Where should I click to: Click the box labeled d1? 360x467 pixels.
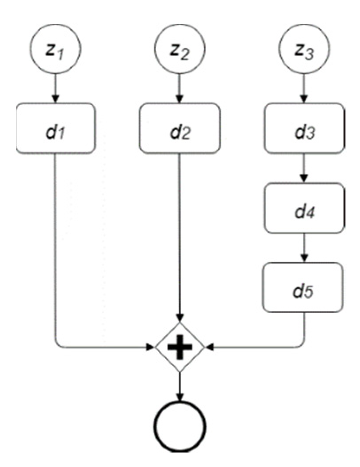(56, 128)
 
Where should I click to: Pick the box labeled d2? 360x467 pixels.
(180, 128)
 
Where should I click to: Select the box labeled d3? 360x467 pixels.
(303, 128)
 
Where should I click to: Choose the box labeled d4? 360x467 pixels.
(303, 207)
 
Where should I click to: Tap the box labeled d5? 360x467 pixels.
(303, 287)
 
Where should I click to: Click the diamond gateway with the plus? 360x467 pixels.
(180, 347)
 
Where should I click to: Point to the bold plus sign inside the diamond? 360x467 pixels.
(180, 347)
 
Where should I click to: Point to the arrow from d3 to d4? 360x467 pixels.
(303, 167)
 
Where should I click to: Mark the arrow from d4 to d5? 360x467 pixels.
(303, 247)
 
